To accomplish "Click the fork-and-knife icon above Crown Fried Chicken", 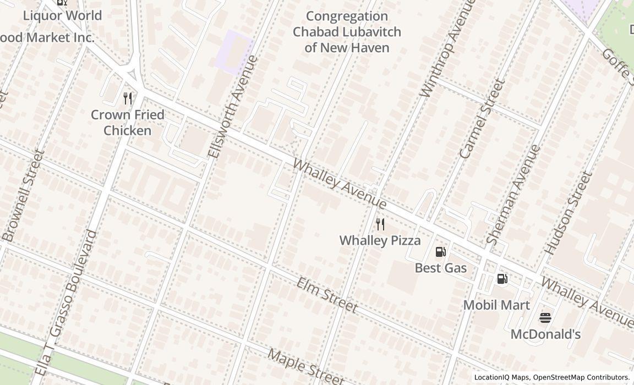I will (128, 98).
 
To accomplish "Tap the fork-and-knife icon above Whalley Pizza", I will (380, 224).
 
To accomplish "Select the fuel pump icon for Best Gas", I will (440, 252).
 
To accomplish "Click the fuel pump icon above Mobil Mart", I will (502, 279).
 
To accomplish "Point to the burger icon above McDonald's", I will (545, 317).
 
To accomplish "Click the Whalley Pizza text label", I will (380, 240).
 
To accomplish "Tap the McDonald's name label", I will (545, 334).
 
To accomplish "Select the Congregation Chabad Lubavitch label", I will (347, 32).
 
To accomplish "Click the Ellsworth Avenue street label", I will (233, 107).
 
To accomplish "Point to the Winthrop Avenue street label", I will (446, 50).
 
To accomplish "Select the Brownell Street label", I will (23, 196).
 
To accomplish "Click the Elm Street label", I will (327, 295).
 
